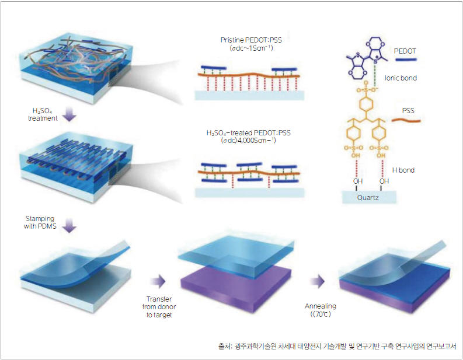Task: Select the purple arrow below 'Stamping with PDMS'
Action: tap(69, 226)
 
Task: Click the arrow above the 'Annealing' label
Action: tap(318, 282)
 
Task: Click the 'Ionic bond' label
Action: tap(401, 78)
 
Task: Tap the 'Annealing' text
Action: tap(321, 306)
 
